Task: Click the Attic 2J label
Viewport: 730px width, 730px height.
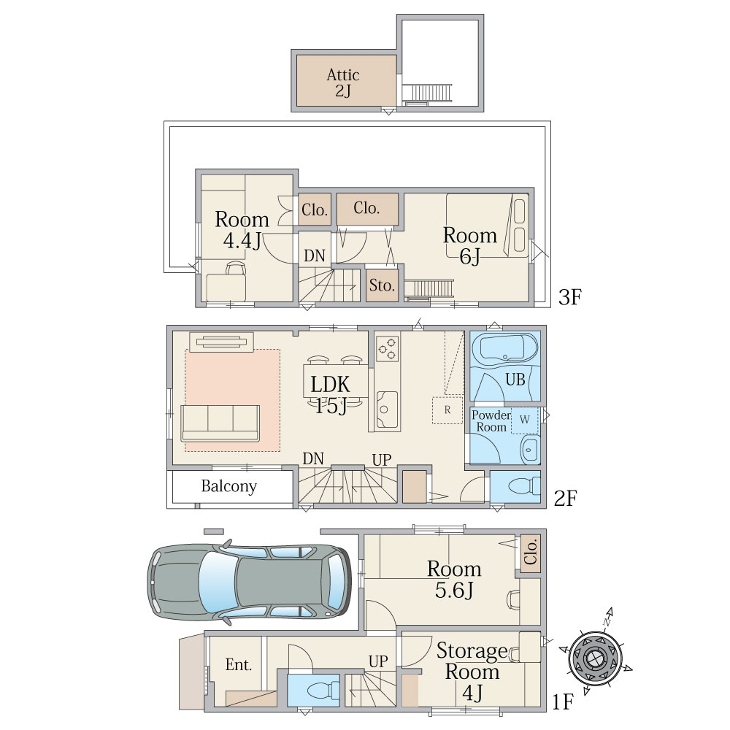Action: [x=343, y=82]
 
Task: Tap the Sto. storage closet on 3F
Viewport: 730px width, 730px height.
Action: [x=382, y=285]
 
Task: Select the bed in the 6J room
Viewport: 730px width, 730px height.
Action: [x=487, y=226]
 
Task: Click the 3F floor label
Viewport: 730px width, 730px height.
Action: [x=570, y=297]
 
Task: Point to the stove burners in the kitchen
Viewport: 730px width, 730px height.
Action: [x=388, y=349]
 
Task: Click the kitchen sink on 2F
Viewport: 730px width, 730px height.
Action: [x=386, y=410]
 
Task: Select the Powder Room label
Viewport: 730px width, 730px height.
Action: [x=491, y=421]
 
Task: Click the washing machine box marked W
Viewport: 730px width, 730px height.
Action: [x=525, y=420]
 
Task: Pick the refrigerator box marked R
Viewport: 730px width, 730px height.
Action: [x=447, y=410]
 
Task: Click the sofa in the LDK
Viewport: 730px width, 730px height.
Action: [x=220, y=423]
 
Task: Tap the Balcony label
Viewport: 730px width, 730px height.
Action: [x=229, y=486]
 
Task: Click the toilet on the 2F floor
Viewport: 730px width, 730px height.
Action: [x=524, y=488]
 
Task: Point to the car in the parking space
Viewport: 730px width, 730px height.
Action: [x=250, y=582]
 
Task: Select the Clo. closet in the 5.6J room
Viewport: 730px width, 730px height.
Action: [x=530, y=552]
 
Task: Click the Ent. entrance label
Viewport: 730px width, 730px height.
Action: [x=239, y=664]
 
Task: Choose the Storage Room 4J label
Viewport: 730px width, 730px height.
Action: [x=471, y=672]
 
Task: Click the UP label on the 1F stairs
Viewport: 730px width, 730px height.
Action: [x=378, y=661]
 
